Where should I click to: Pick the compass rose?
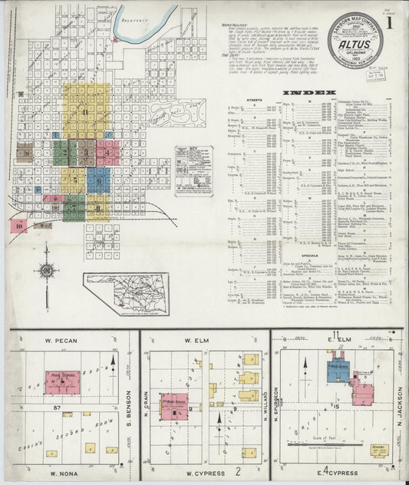47,269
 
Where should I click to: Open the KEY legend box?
193,171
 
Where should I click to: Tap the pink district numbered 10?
18,226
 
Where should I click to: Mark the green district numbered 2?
65,152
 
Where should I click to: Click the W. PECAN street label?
67,338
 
